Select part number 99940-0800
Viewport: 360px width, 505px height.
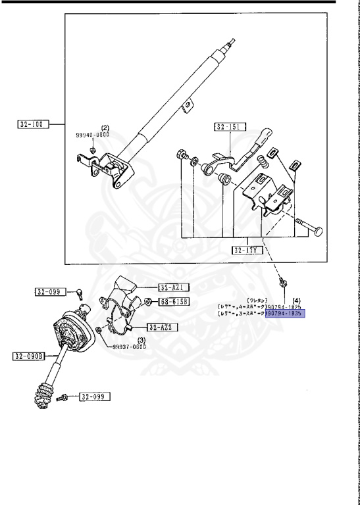[x=93, y=133]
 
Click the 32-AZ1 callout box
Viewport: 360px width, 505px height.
[x=173, y=287]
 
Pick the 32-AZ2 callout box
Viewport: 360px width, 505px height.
[x=162, y=327]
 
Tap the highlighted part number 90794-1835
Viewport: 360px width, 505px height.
[x=286, y=314]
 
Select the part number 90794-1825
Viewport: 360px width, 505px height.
[x=286, y=306]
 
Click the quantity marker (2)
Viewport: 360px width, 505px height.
[x=103, y=127]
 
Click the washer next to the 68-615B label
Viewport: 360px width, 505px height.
[x=149, y=302]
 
